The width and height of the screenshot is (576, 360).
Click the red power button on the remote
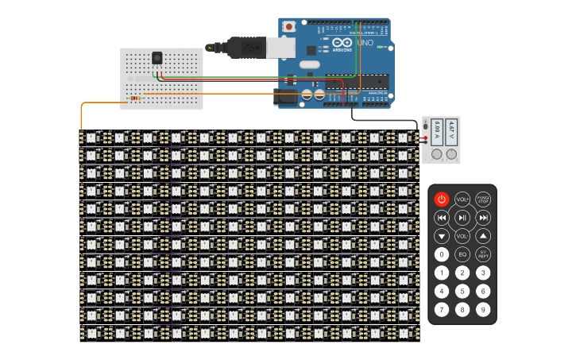click(x=442, y=199)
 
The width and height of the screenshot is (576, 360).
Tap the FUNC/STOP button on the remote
click(x=483, y=199)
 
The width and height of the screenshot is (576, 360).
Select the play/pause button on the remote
click(x=462, y=217)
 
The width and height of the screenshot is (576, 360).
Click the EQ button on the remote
click(x=462, y=254)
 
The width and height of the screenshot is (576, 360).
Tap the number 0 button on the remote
click(x=442, y=254)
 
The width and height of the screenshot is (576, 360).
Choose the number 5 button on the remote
click(x=462, y=291)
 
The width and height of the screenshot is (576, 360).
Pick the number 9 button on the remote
click(x=483, y=309)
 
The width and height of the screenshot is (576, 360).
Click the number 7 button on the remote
click(x=442, y=309)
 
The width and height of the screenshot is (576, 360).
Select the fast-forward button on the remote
click(x=483, y=217)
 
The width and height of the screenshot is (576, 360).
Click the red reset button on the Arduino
click(x=289, y=26)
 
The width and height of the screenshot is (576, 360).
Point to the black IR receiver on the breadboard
click(x=157, y=57)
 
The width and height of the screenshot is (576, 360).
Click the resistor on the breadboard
click(x=136, y=99)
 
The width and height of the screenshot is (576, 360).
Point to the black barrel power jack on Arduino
click(x=284, y=98)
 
